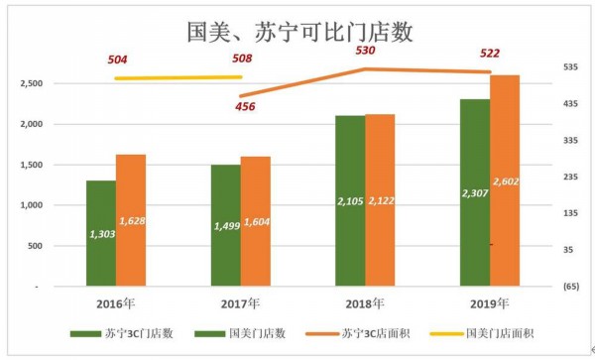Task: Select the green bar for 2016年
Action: click(100, 233)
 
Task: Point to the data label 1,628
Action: click(132, 220)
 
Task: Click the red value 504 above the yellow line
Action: click(118, 60)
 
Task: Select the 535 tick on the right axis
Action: click(542, 68)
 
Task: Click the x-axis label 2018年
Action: click(364, 303)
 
